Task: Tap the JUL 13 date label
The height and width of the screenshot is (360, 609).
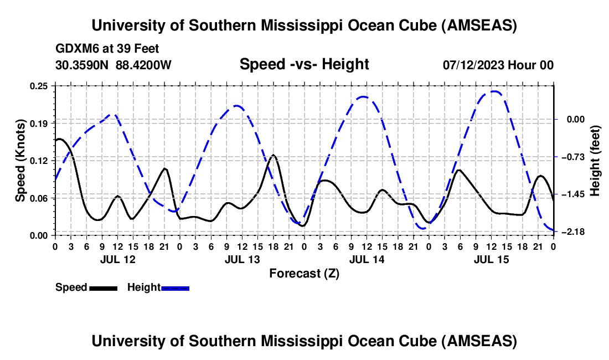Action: [x=242, y=259]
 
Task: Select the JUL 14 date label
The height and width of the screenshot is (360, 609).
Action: [x=367, y=259]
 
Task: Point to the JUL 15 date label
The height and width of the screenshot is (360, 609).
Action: [x=491, y=259]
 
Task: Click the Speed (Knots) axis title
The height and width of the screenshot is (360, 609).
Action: [x=20, y=161]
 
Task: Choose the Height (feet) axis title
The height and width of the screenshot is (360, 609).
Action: [x=596, y=161]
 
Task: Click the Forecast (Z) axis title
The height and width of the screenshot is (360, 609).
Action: [x=304, y=274]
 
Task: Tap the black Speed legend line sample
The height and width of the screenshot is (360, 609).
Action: [x=104, y=287]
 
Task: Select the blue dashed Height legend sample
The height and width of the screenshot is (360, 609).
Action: [x=176, y=287]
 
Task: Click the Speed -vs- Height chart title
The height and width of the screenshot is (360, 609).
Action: [x=304, y=65]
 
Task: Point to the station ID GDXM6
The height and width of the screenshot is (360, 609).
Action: [x=75, y=49]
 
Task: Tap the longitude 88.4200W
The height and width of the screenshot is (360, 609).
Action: [x=144, y=65]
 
